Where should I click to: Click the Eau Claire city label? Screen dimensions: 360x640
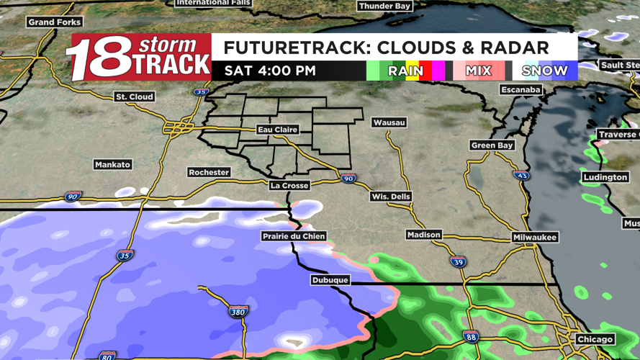(x=278, y=130)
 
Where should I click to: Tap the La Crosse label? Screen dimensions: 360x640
(x=289, y=185)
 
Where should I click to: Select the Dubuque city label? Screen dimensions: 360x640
(x=330, y=280)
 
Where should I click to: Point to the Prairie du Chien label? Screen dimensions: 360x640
(x=294, y=236)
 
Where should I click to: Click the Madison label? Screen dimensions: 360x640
(x=423, y=235)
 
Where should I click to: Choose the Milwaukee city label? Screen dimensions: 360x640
(x=535, y=237)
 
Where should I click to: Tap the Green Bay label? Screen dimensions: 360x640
(x=492, y=145)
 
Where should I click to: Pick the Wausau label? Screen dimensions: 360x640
(x=389, y=122)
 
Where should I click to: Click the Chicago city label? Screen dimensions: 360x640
(x=595, y=339)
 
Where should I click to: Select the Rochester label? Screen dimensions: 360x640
(x=209, y=173)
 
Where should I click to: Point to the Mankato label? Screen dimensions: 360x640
(x=113, y=165)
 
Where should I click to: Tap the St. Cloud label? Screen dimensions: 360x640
(x=135, y=96)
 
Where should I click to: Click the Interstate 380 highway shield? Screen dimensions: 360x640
(x=238, y=312)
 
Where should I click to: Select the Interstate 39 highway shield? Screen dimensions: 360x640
(x=458, y=262)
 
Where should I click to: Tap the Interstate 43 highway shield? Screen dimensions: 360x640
(x=522, y=175)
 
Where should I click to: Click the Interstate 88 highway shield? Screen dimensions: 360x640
(x=470, y=336)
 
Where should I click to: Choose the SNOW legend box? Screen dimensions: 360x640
(x=545, y=71)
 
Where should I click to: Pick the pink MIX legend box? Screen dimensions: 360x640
(x=479, y=71)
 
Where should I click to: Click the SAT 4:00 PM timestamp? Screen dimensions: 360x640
(x=270, y=71)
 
